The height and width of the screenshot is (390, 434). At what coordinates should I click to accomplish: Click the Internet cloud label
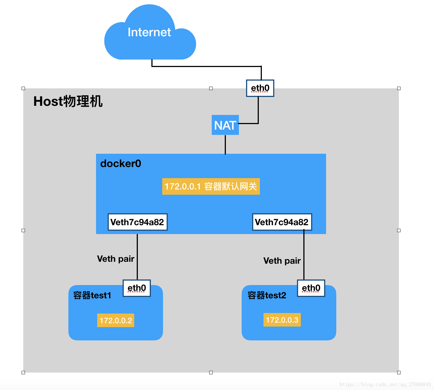[x=149, y=32]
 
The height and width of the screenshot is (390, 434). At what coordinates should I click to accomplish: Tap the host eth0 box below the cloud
[x=260, y=88]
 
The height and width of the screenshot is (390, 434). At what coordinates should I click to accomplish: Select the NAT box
[x=225, y=125]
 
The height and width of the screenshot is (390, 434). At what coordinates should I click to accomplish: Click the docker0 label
[x=121, y=164]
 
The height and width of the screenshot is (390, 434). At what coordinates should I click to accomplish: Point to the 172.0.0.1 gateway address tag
[x=211, y=186]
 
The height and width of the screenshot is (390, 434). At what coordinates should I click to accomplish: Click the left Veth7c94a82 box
[x=137, y=222]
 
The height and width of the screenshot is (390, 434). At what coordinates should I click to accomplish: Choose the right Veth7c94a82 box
[x=282, y=222]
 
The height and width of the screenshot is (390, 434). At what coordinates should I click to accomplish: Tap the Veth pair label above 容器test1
[x=116, y=259]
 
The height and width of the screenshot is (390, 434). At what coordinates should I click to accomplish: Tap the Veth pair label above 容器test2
[x=282, y=261]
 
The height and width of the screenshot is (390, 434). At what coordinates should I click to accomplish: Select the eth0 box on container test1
[x=136, y=288]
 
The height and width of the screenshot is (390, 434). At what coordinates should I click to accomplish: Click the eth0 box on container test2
[x=311, y=288]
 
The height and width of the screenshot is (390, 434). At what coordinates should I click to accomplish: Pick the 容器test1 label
[x=92, y=296]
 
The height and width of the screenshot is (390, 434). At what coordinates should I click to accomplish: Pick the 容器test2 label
[x=267, y=296]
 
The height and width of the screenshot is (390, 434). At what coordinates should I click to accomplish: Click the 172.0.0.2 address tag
[x=116, y=320]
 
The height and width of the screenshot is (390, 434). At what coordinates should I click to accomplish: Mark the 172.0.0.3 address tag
[x=282, y=320]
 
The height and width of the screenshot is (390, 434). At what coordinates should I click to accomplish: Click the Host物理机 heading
[x=68, y=101]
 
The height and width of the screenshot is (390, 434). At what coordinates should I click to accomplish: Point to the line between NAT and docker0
[x=225, y=144]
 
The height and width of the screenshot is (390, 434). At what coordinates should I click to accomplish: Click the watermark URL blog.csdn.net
[x=385, y=384]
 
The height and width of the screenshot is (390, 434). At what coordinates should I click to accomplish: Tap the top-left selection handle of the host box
[x=23, y=88]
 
